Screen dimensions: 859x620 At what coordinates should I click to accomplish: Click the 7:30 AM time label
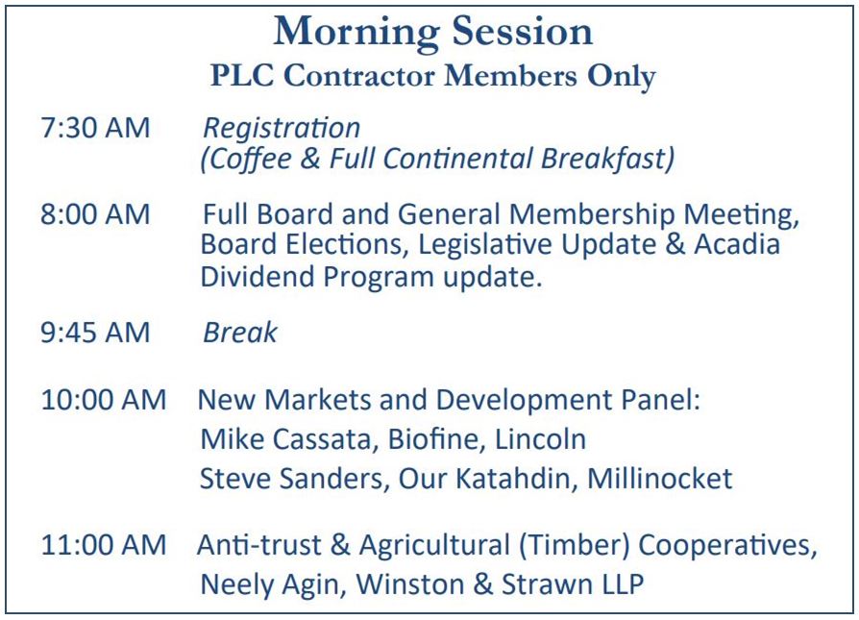click(x=95, y=128)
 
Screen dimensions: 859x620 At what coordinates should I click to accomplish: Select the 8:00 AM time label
click(x=95, y=213)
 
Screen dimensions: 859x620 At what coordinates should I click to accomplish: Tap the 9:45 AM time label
click(x=95, y=333)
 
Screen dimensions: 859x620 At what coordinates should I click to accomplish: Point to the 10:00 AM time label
click(x=103, y=400)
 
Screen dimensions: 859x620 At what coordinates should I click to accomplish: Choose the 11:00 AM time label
click(x=103, y=545)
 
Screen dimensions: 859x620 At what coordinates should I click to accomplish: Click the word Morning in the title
click(x=356, y=33)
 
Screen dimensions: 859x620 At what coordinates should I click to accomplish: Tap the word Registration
click(x=282, y=130)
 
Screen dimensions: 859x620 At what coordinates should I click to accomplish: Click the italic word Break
click(x=240, y=333)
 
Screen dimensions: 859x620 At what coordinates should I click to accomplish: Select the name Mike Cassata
click(x=285, y=439)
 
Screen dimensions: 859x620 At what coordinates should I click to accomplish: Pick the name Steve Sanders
click(x=291, y=479)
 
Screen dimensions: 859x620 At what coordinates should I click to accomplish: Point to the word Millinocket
click(x=659, y=479)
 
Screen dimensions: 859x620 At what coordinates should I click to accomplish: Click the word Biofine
click(x=432, y=439)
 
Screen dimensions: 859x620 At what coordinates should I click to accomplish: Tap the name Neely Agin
click(x=270, y=585)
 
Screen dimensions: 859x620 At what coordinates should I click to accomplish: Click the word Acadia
click(x=737, y=244)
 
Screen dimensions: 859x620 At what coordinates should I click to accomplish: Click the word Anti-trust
click(x=259, y=545)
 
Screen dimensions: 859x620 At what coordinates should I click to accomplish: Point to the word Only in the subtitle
click(x=622, y=77)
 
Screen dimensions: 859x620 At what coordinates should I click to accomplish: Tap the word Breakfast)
click(x=607, y=159)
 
